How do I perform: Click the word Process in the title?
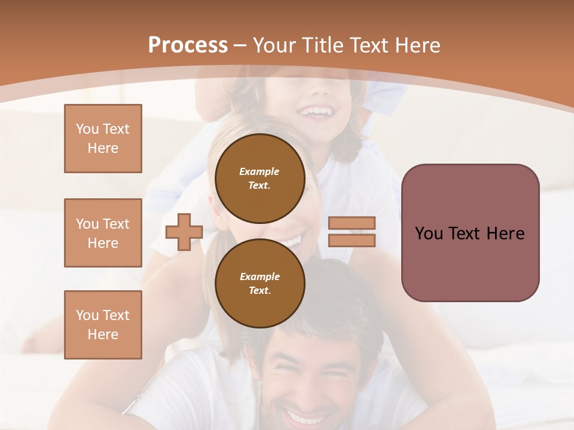point(188,45)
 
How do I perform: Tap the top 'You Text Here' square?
point(103,139)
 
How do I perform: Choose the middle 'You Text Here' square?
point(103,233)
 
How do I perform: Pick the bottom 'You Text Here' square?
point(103,325)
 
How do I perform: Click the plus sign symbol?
point(184,232)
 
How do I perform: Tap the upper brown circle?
point(259,178)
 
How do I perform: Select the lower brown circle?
point(259,283)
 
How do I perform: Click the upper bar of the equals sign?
point(352,223)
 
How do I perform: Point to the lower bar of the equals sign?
point(352,240)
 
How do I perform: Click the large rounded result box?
point(470,233)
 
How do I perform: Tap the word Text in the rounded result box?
point(470,234)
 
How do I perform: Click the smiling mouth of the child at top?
point(316,112)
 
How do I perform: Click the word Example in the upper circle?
point(259,172)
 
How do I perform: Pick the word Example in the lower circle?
point(259,277)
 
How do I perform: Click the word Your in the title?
point(273,45)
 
